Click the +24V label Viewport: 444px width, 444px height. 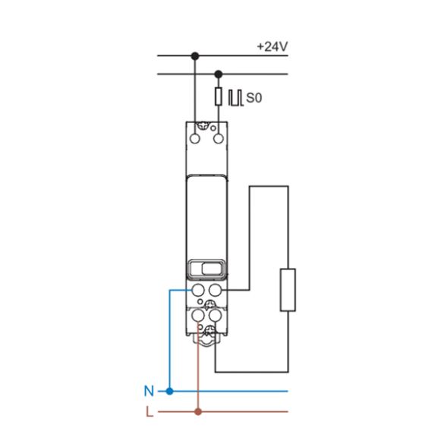click(x=272, y=46)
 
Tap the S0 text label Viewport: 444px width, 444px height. click(x=253, y=98)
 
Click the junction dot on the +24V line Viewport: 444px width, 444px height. click(x=195, y=55)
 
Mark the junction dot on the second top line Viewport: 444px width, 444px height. click(x=219, y=74)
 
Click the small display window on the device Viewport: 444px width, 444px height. click(x=206, y=268)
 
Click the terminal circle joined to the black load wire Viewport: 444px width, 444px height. click(x=216, y=289)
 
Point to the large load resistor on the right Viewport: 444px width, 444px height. click(x=288, y=289)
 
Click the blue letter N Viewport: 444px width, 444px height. click(x=148, y=392)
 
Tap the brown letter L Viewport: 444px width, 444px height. click(x=149, y=412)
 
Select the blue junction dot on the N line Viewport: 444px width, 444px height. click(x=169, y=392)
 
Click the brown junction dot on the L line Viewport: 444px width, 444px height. click(x=198, y=412)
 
